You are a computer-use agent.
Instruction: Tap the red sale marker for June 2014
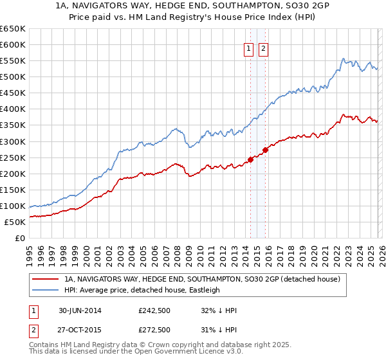(x=250, y=160)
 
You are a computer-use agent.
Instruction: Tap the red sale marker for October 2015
(x=265, y=150)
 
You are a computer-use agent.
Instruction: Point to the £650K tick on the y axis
(x=13, y=29)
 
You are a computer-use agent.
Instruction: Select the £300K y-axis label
(x=13, y=141)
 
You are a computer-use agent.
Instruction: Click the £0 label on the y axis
(x=21, y=238)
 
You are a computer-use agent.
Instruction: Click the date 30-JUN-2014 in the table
(x=79, y=310)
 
